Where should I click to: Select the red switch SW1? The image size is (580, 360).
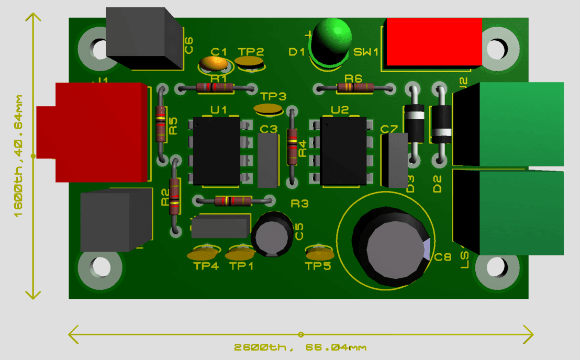tap(434, 42)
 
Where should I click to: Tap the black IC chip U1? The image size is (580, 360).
tap(217, 151)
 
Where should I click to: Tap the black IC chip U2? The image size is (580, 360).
tap(343, 151)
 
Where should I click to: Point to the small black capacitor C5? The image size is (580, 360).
tap(272, 234)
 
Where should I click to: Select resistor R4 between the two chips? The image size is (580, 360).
tap(292, 147)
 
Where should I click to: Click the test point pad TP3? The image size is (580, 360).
tap(269, 109)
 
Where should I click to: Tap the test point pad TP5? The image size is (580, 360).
tap(320, 254)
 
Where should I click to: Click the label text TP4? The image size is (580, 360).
tap(206, 266)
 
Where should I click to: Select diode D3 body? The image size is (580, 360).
tap(415, 123)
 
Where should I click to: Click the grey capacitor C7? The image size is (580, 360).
tap(394, 160)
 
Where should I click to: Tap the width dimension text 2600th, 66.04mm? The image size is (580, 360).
tap(299, 347)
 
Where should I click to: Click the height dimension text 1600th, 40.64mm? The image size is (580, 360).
tap(18, 156)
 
